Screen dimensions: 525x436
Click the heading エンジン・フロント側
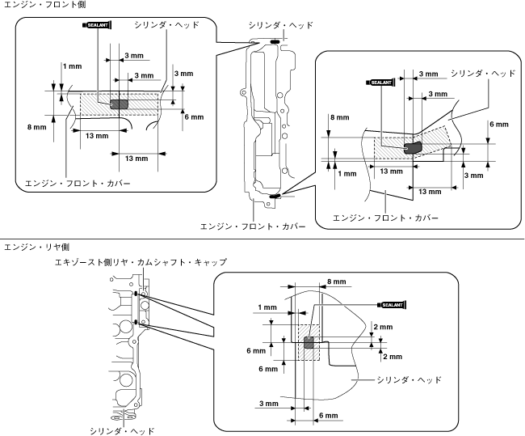point(44,4)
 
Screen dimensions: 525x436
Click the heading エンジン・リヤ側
point(36,248)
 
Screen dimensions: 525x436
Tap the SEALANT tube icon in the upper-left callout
point(97,25)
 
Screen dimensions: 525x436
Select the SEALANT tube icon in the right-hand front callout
point(381,83)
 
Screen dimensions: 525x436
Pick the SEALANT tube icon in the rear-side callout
point(392,305)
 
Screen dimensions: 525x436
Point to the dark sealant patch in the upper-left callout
point(120,104)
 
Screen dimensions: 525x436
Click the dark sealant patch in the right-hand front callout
point(414,148)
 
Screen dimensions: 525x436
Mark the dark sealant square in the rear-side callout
point(309,343)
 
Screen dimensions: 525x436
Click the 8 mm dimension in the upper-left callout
point(37,127)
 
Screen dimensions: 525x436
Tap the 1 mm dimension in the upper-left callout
point(73,66)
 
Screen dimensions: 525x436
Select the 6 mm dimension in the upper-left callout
point(194,117)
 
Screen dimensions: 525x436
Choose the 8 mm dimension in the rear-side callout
point(337,281)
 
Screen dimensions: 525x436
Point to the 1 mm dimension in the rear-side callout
point(267,307)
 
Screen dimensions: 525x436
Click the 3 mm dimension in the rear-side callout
point(269,404)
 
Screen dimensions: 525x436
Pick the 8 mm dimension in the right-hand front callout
point(340,117)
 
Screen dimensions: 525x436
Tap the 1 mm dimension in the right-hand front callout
point(347,174)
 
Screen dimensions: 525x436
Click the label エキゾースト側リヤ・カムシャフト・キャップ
point(141,262)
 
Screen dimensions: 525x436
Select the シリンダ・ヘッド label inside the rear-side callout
point(409,380)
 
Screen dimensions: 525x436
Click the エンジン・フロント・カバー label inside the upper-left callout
point(78,184)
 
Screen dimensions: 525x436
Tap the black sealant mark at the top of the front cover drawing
point(275,41)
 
